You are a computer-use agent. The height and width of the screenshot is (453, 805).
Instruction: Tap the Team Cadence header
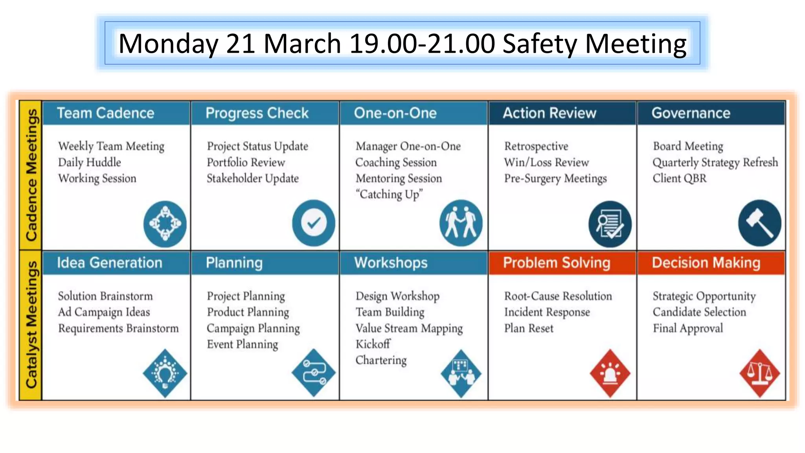click(x=105, y=113)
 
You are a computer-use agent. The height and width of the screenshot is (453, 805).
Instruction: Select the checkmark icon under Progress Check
click(x=313, y=223)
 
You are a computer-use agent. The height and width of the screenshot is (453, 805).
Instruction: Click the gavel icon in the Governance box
click(x=759, y=223)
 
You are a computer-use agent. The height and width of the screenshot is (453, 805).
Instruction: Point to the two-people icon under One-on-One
click(x=461, y=223)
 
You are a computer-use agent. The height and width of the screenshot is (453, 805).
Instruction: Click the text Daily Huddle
click(x=90, y=162)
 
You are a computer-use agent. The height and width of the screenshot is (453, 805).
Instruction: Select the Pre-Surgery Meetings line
click(x=555, y=179)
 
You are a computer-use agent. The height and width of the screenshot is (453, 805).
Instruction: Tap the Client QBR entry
click(x=679, y=179)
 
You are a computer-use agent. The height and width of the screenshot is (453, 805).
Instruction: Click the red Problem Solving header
click(x=556, y=263)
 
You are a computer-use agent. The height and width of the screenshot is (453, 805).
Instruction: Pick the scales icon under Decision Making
click(x=759, y=373)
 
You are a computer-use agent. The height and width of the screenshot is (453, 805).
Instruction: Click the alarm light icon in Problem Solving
click(x=610, y=373)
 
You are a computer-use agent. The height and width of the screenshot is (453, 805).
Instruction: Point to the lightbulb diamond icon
click(x=165, y=373)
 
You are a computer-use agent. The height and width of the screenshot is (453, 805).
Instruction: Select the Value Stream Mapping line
click(x=409, y=328)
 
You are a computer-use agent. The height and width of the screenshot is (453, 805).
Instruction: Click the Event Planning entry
click(x=242, y=344)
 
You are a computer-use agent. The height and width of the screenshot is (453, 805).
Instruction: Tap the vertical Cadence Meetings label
click(x=31, y=175)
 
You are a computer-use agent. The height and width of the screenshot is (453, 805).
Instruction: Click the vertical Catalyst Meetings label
click(x=31, y=325)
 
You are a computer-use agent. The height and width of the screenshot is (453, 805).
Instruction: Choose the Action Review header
click(x=549, y=113)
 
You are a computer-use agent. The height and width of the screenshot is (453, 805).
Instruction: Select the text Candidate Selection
click(x=699, y=312)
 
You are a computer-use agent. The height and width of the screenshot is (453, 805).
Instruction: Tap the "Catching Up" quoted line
click(x=389, y=195)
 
